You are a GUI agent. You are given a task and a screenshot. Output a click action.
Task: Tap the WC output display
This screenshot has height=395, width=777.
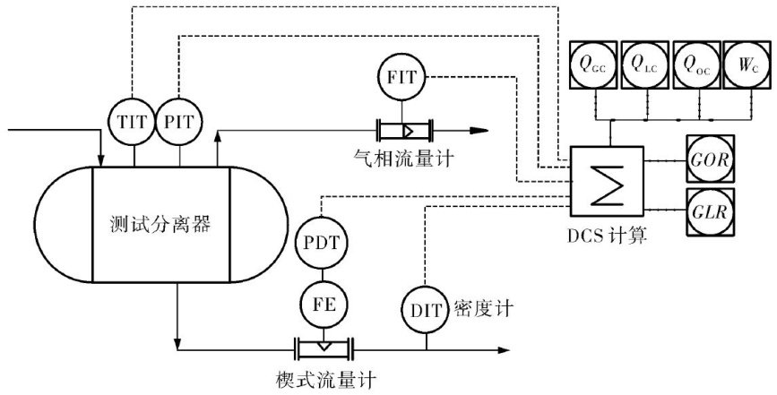[746, 65]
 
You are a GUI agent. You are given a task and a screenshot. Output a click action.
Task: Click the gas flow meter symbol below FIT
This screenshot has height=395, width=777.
[404, 129]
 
